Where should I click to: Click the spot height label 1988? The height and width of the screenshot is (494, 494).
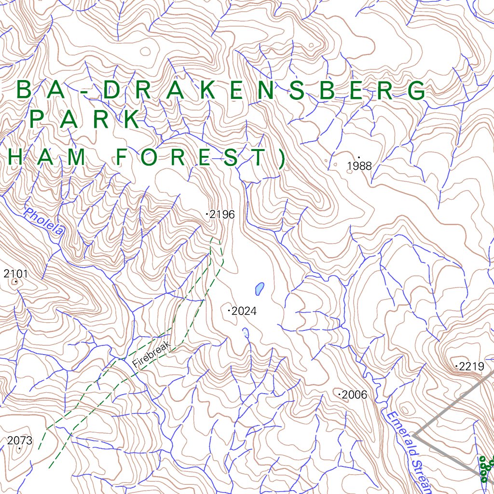coord(359,166)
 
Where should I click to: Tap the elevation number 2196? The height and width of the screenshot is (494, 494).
coord(222,214)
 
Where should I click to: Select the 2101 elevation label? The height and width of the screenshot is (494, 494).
coord(15,274)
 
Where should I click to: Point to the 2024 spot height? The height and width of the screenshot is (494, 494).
coord(244,311)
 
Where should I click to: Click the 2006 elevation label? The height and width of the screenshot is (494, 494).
coord(354,395)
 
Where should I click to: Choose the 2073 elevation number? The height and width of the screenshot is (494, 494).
coord(20,440)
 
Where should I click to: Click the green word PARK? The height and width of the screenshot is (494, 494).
coord(85,120)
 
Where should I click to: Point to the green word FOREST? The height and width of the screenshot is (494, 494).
coord(191,158)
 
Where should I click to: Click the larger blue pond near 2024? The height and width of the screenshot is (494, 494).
coord(260,288)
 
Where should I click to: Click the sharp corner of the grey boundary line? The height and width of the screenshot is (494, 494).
coord(414,435)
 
